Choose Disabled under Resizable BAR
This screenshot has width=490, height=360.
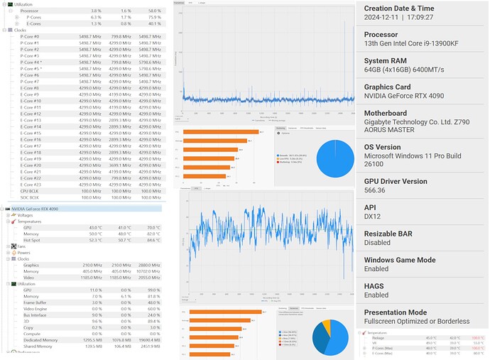pyautogui.click(x=376, y=243)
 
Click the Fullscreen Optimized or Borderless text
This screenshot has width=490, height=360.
pyautogui.click(x=416, y=321)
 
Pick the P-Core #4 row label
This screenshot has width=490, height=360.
pyautogui.click(x=31, y=62)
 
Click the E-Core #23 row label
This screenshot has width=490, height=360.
pyautogui.click(x=31, y=185)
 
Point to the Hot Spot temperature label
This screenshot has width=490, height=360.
pyautogui.click(x=33, y=240)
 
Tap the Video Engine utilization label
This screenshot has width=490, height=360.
pyautogui.click(x=36, y=309)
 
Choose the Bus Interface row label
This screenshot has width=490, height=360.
pyautogui.click(x=36, y=315)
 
